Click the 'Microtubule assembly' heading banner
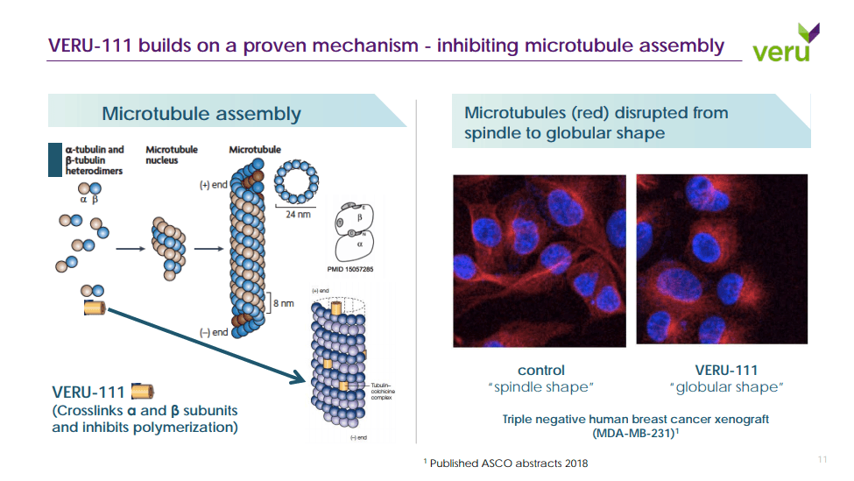201,114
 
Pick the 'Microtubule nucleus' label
162,155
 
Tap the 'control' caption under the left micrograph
541,370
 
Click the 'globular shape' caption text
726,387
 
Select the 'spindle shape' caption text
541,387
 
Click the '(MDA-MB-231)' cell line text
636,433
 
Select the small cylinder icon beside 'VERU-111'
142,392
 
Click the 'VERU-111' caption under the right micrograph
726,370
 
